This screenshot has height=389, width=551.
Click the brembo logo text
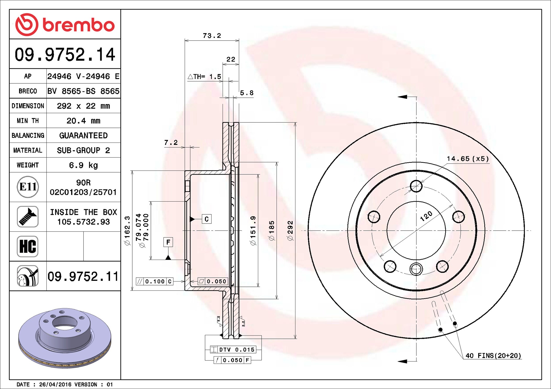tap(79, 25)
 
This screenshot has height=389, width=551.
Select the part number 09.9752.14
tap(65, 54)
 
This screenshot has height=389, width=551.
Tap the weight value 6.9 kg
tap(83, 165)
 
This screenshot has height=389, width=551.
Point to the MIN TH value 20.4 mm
tap(83, 121)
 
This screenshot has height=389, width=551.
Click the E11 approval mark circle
tap(28, 187)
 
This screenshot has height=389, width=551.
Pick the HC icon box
tap(28, 246)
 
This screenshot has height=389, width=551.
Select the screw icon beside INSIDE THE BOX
tap(28, 217)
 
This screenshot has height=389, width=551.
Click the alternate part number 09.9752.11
tap(83, 276)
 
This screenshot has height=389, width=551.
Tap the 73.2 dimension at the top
tap(212, 36)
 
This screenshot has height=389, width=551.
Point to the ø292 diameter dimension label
tap(290, 231)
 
